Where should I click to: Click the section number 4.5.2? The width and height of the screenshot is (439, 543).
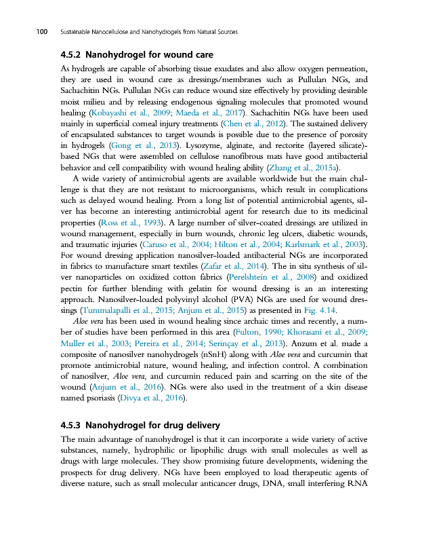(x=70, y=54)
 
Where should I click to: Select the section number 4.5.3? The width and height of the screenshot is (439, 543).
(x=70, y=425)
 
